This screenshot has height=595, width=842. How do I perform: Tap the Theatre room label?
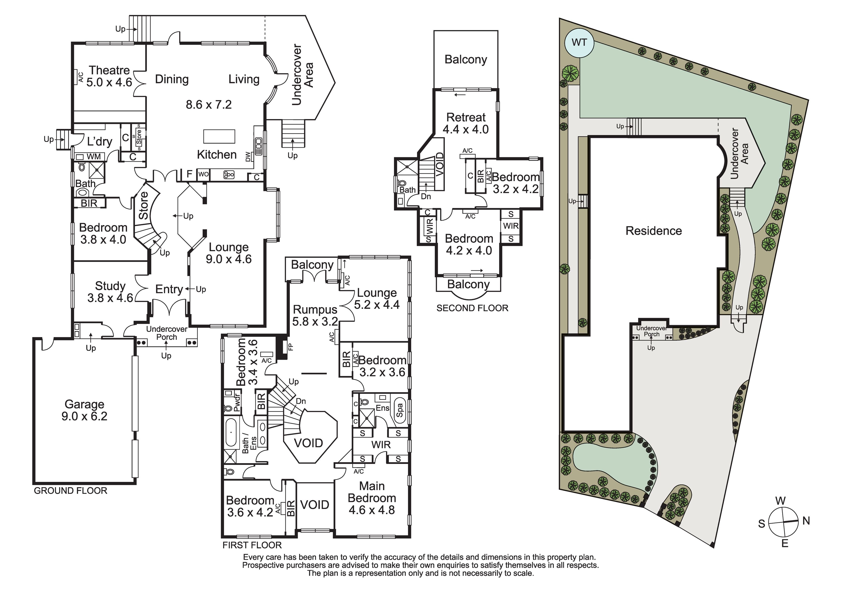coord(109,70)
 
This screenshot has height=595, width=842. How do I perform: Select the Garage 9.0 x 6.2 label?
coord(85,410)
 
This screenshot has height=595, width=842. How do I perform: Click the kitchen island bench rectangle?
coord(219,136)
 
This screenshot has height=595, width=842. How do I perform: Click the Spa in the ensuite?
coord(400,410)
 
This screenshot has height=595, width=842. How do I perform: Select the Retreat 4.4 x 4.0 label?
coord(466,123)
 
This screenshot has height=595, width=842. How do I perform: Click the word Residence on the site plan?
coord(654,231)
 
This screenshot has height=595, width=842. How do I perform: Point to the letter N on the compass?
coord(806,521)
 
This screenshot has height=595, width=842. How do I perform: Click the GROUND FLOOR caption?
coord(70,491)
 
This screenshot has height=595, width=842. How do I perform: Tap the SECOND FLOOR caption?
coord(472,308)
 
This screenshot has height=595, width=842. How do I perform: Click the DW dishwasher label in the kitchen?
coord(248,157)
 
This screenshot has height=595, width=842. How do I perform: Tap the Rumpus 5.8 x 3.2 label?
coord(315,316)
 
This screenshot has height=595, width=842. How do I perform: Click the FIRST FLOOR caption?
coord(252,545)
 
